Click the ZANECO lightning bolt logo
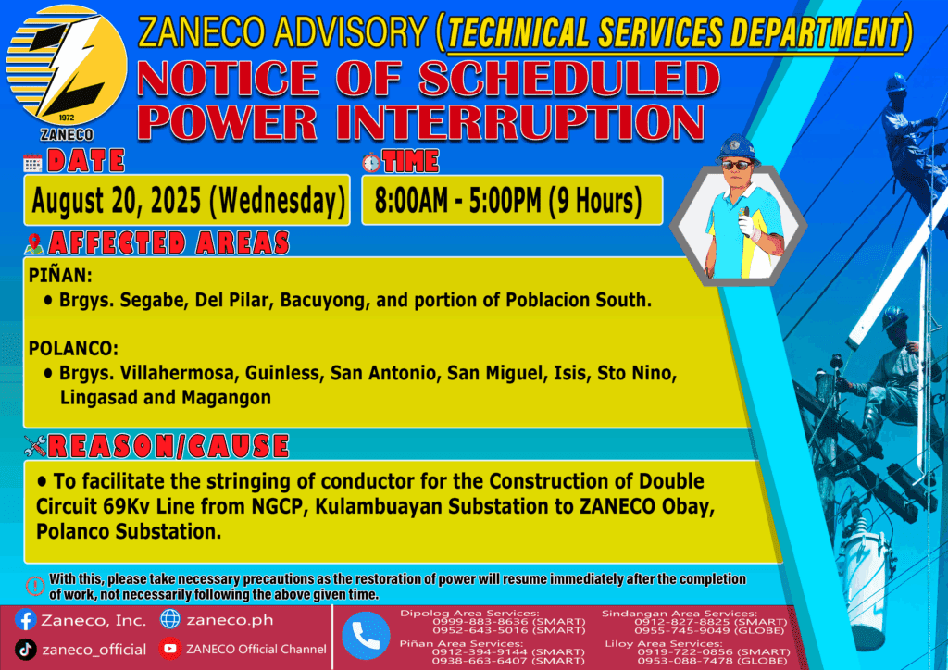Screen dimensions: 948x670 (67, 66)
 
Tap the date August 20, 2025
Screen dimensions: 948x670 (116, 201)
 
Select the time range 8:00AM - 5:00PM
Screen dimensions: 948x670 (457, 201)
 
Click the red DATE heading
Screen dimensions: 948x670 (86, 161)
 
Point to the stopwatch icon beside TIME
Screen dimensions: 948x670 (371, 162)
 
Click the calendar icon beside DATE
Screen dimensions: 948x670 (32, 163)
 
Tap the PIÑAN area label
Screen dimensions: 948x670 (60, 276)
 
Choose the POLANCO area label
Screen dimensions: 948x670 (73, 349)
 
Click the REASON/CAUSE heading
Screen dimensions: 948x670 (168, 446)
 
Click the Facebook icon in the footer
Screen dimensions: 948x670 (25, 620)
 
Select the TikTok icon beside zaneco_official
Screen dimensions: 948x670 (25, 650)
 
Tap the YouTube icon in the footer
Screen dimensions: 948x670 (170, 649)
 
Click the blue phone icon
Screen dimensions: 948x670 (366, 636)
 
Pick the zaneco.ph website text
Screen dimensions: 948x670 (230, 620)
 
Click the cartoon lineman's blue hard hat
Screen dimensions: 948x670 (736, 148)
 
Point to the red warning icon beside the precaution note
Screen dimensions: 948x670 (35, 586)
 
